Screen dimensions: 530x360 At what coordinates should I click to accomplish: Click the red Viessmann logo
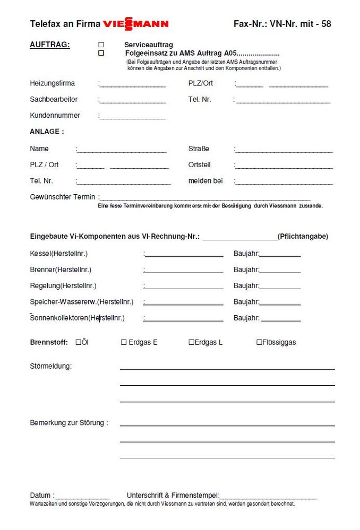click(x=135, y=24)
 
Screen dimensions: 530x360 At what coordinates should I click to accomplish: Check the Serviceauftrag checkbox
click(x=101, y=45)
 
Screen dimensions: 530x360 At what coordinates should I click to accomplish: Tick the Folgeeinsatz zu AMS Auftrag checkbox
click(x=101, y=53)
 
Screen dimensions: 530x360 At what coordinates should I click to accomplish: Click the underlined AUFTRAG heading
click(x=49, y=45)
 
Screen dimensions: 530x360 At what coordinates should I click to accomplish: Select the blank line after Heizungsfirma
click(x=133, y=85)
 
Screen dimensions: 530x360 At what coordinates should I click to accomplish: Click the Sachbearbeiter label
click(x=54, y=99)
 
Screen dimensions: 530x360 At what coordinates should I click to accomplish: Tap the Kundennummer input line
click(x=133, y=117)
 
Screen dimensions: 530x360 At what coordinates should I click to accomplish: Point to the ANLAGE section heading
click(x=47, y=132)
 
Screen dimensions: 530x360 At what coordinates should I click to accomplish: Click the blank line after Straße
click(x=284, y=151)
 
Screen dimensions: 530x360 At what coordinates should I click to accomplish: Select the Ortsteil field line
click(x=284, y=167)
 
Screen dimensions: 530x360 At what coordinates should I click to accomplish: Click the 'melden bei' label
click(x=205, y=181)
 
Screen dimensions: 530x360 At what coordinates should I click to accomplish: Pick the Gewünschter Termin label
click(x=63, y=197)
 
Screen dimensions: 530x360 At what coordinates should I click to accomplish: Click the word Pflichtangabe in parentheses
click(x=303, y=236)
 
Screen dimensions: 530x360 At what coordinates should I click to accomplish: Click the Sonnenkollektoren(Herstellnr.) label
click(x=78, y=318)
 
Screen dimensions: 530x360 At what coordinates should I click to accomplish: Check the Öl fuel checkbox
click(x=78, y=342)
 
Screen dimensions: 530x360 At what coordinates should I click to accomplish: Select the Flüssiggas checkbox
click(x=259, y=342)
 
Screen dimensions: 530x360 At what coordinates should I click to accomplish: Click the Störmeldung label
click(x=50, y=366)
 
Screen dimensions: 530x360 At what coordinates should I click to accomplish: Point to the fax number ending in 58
click(x=282, y=24)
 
